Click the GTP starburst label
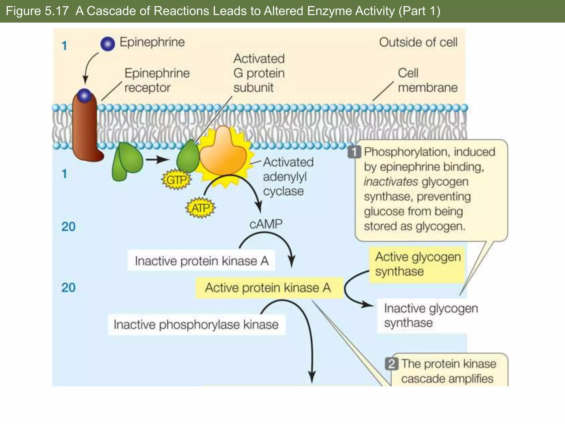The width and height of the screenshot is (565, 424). (177, 180)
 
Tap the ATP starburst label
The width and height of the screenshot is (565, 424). (200, 208)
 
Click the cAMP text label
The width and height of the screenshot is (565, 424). (266, 224)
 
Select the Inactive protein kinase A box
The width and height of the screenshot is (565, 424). (201, 261)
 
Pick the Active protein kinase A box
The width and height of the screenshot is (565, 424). (269, 288)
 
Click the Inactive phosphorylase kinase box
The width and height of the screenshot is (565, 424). (196, 325)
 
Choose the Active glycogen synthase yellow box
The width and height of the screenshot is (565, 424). (417, 264)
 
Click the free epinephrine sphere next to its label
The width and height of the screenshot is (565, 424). (108, 44)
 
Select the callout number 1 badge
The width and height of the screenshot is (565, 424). (354, 152)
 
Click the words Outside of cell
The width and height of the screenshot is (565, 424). (418, 43)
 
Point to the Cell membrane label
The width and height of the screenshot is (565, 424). (427, 80)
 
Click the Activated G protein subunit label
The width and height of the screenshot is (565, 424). (259, 73)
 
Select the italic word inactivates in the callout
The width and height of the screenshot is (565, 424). (390, 182)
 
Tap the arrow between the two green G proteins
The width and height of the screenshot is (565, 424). (157, 160)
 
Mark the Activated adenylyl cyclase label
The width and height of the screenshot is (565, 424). (287, 177)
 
